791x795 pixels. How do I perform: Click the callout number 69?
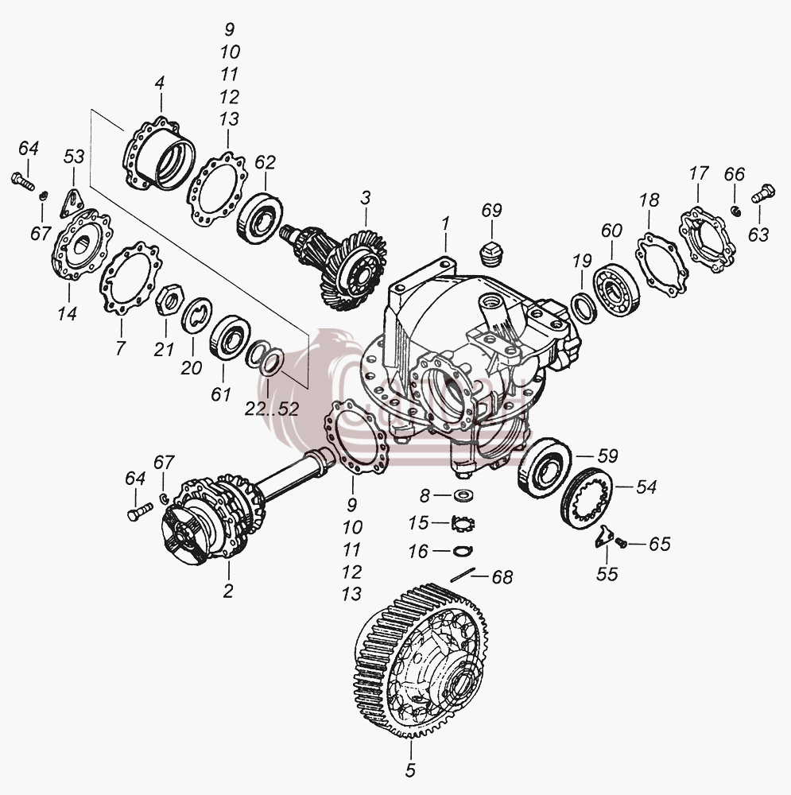[491, 210]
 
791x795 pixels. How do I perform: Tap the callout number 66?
[734, 174]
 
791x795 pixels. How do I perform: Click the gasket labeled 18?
[661, 263]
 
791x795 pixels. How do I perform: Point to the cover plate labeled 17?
[708, 238]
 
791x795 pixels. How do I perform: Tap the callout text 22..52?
[272, 409]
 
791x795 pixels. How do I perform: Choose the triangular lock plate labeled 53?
[72, 203]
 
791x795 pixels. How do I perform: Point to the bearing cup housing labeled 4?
[160, 153]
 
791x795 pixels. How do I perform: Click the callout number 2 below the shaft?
[227, 591]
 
